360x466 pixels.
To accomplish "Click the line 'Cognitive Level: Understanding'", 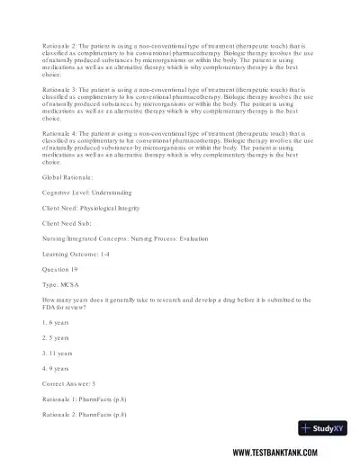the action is pos(75,193).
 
